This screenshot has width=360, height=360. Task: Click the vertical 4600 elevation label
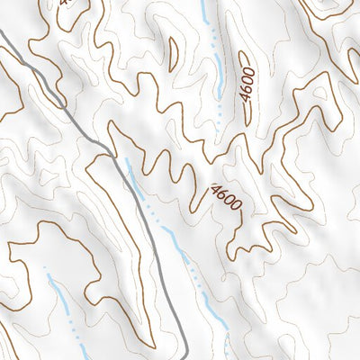click(247, 87)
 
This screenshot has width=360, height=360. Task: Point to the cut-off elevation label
click(65, 3)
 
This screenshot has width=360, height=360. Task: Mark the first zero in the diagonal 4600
click(229, 201)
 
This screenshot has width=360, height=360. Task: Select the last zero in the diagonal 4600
click(236, 207)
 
